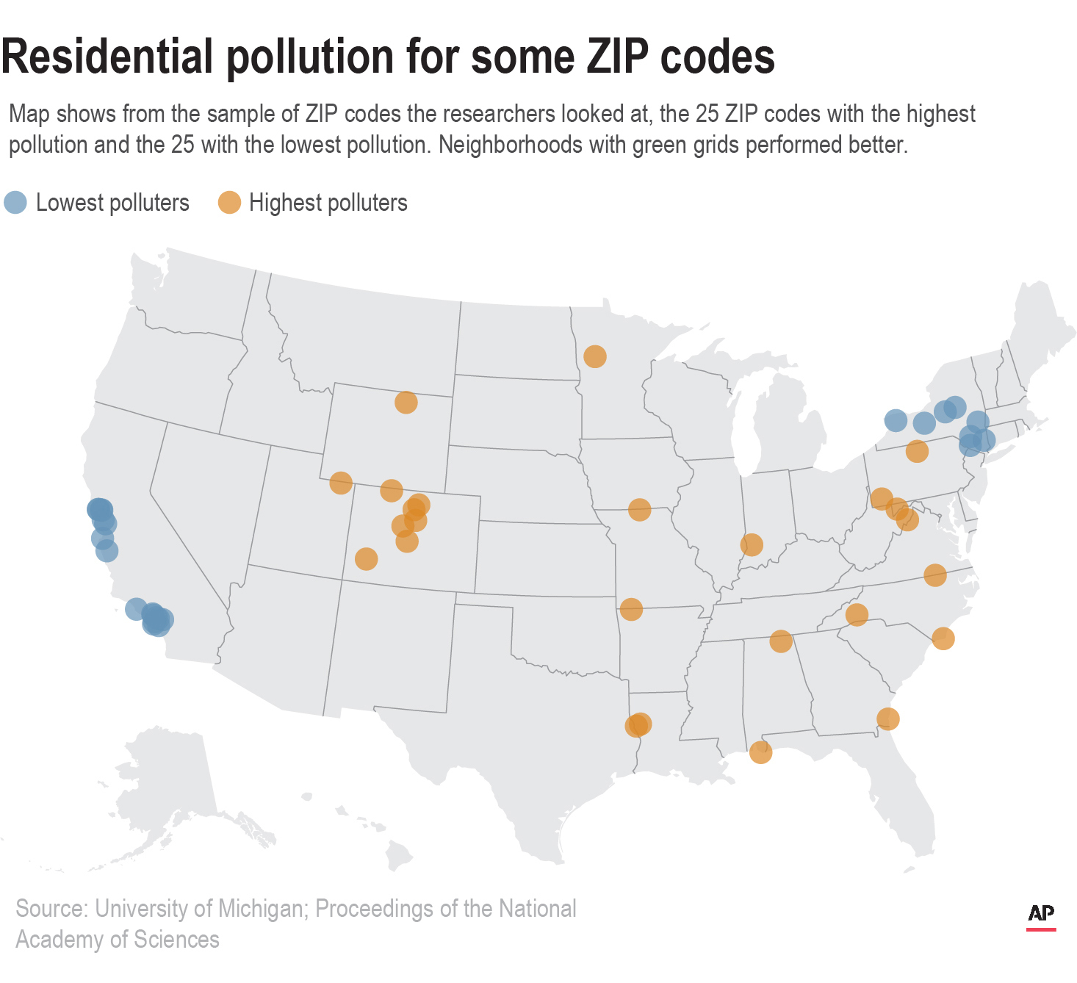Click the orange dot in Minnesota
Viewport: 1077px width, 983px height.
point(594,356)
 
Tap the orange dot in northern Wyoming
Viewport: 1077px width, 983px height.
point(406,403)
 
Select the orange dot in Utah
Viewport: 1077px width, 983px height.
point(340,483)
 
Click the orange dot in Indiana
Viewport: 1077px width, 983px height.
point(751,544)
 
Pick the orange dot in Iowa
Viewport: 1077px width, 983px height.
point(639,509)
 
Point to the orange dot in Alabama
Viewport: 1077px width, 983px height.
point(780,641)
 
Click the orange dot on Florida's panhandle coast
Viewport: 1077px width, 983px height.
point(760,752)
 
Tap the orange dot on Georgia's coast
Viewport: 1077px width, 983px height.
point(887,719)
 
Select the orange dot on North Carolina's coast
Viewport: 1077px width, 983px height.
point(943,638)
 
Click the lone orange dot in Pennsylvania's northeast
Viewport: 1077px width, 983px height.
point(916,451)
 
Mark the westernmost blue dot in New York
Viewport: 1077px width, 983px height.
point(895,420)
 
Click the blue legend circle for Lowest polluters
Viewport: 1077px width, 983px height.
point(15,203)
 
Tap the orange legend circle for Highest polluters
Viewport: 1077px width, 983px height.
point(229,203)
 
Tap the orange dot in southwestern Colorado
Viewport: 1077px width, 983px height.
point(366,559)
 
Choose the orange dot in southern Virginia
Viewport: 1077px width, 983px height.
point(934,575)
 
